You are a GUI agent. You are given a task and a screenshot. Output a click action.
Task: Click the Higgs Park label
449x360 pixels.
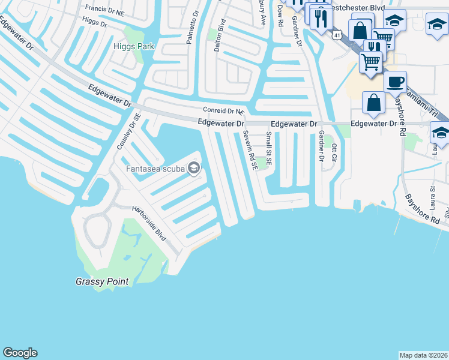(x=134, y=46)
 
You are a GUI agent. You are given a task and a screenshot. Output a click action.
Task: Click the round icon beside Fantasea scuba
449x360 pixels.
(x=193, y=168)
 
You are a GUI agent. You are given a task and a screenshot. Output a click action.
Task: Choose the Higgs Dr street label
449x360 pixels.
(x=94, y=23)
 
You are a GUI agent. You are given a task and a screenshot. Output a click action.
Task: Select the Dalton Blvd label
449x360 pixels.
(x=222, y=34)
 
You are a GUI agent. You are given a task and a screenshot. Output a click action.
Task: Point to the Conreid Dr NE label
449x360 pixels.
(x=224, y=111)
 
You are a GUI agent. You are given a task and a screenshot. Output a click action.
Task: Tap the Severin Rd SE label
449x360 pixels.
(x=251, y=150)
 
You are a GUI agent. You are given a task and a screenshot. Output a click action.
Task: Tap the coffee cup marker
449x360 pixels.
(x=395, y=82)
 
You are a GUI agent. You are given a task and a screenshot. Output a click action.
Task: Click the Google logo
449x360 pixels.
(x=20, y=353)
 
